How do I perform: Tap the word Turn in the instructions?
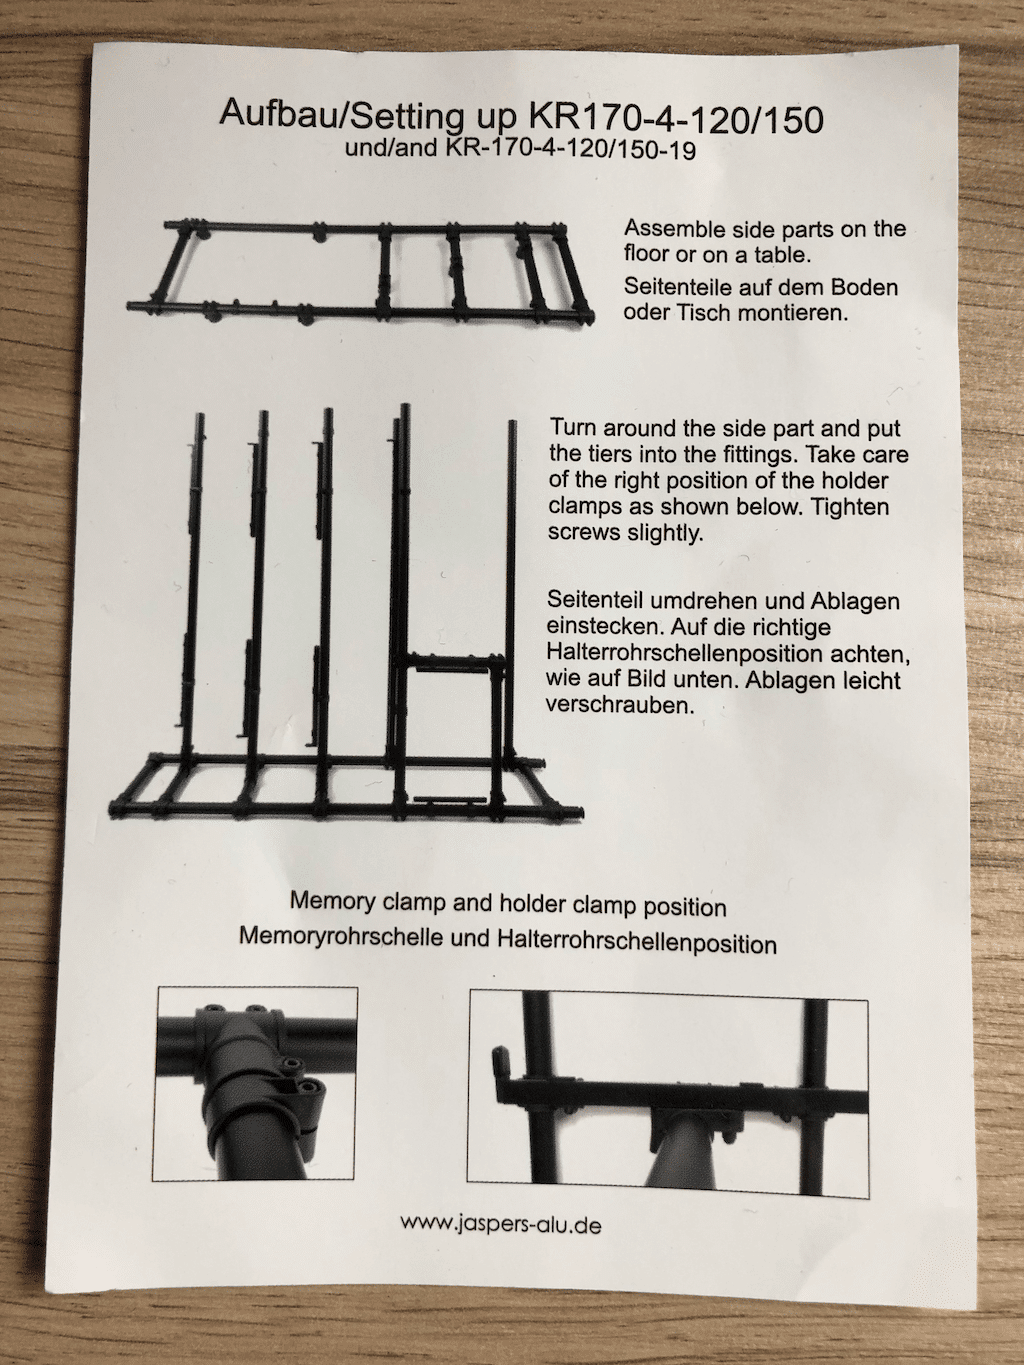[573, 428]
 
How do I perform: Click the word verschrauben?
[619, 706]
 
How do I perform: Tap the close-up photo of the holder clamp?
[667, 1098]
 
